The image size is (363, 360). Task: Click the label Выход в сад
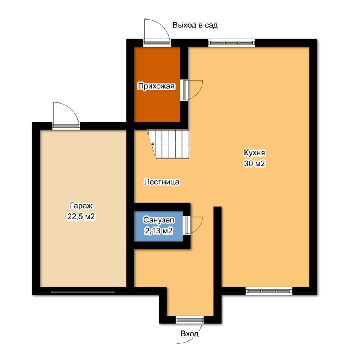click(195, 25)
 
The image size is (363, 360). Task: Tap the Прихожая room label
click(156, 86)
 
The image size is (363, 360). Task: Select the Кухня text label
click(255, 153)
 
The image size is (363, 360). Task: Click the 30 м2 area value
click(254, 164)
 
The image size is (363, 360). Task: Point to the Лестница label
click(161, 182)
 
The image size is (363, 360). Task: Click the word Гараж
click(81, 206)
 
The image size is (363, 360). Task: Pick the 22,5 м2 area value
click(81, 217)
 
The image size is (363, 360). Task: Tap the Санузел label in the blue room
click(159, 220)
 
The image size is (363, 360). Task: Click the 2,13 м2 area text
click(159, 231)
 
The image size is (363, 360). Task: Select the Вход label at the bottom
click(189, 334)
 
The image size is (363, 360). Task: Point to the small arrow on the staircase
click(152, 144)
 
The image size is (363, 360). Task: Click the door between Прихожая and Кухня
click(192, 90)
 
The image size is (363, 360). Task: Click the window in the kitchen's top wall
click(231, 43)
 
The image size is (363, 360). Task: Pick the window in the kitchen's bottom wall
click(269, 291)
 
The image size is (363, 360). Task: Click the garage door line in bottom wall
click(83, 292)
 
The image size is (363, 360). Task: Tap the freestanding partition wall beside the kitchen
click(217, 247)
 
